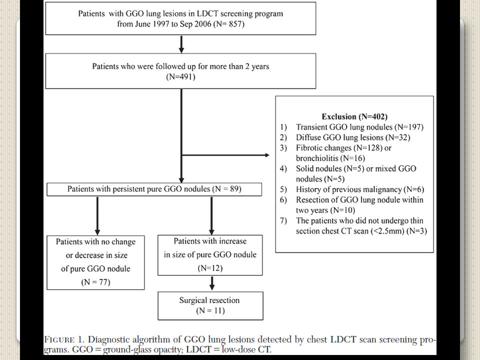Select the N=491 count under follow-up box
tap(180, 76)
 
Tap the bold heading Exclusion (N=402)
tap(354, 116)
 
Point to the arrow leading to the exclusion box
tap(225, 155)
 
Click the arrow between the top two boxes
tap(181, 44)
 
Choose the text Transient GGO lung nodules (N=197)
tap(359, 127)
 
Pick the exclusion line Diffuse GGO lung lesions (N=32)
tap(353, 137)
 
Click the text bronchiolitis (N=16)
tap(330, 158)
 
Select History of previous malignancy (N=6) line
tap(360, 189)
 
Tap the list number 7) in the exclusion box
tap(283, 220)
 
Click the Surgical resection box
tap(210, 306)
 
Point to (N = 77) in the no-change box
tap(95, 282)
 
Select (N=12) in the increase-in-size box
tap(210, 268)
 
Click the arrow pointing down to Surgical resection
tap(212, 283)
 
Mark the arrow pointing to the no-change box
tap(97, 216)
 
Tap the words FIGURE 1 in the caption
tap(64, 339)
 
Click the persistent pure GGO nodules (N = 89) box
tap(154, 189)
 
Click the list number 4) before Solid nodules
tap(283, 168)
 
